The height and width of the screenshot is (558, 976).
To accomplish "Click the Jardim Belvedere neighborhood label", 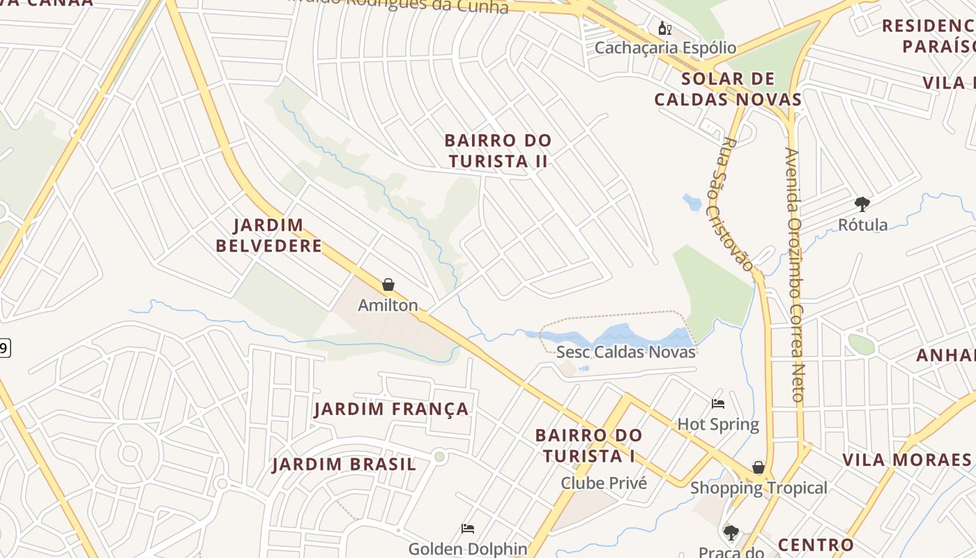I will (268, 235).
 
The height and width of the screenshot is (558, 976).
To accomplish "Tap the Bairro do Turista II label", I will (498, 151).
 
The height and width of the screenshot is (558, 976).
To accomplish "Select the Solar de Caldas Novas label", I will (729, 89).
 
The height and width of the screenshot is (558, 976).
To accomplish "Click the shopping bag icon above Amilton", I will (388, 285).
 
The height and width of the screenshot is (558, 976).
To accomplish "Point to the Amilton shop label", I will (388, 305).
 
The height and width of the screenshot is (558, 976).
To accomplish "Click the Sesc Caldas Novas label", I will (625, 352).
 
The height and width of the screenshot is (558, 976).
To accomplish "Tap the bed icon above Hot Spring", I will (718, 404).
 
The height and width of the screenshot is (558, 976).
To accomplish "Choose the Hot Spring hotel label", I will (718, 424).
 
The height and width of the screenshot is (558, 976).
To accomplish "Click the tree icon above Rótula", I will (862, 204).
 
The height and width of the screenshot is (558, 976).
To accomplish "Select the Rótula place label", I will (862, 225).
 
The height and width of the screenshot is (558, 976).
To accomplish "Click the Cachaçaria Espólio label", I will (665, 47).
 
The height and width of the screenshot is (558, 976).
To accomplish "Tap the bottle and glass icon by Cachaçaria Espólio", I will (664, 28).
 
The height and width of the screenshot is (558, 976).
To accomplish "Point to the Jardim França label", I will (391, 409).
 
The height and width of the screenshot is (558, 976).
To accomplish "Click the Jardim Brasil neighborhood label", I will (344, 465).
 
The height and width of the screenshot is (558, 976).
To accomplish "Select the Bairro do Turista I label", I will (588, 446).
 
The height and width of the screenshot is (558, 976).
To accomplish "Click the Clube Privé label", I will (604, 483).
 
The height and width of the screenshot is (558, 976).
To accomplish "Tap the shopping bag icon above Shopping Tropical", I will (758, 467).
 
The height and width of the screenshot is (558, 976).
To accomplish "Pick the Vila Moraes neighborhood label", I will (906, 460).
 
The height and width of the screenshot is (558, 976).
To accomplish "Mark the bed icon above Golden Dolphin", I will (468, 529).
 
